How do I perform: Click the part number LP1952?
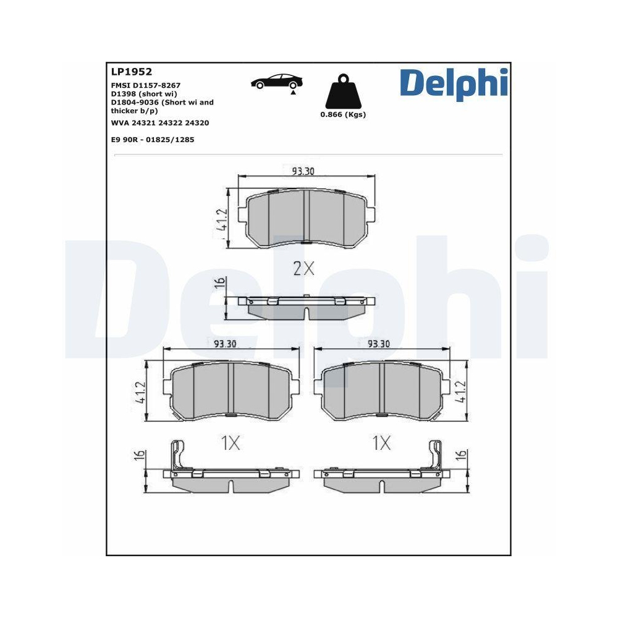tap(132, 72)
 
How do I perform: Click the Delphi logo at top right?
tap(454, 84)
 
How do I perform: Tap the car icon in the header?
tap(277, 82)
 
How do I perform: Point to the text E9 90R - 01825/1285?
tap(153, 140)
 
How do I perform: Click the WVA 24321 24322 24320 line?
tap(159, 123)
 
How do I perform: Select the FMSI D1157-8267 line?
tap(146, 85)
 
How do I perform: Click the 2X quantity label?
tap(303, 268)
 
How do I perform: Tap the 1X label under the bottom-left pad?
tap(230, 442)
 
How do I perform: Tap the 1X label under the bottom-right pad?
tap(381, 442)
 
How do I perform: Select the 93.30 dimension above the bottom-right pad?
tap(378, 344)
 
